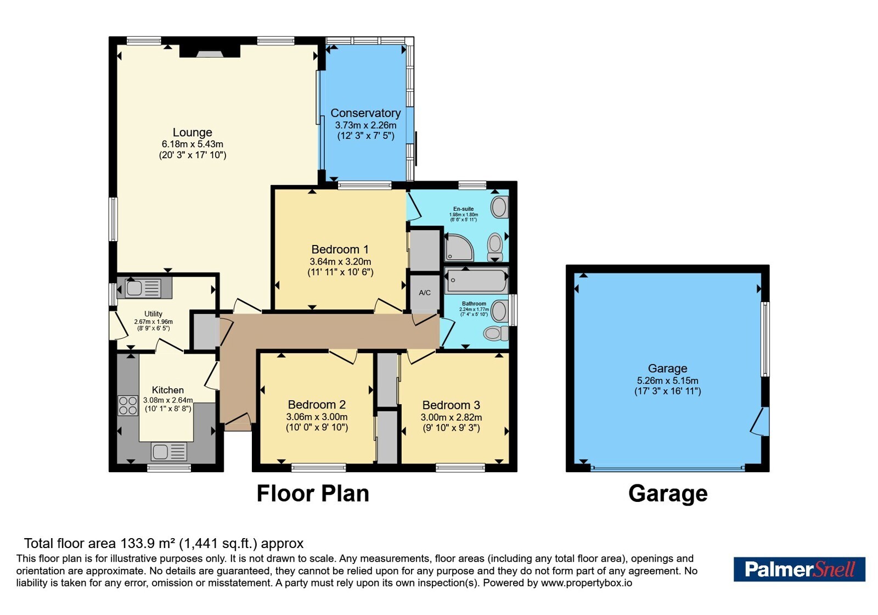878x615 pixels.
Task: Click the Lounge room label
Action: [x=193, y=132]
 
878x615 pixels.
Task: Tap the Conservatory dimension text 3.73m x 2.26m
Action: [x=365, y=126]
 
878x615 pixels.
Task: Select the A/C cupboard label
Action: [x=425, y=293]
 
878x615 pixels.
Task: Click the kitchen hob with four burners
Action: [x=128, y=406]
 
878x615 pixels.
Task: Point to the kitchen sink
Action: [x=168, y=452]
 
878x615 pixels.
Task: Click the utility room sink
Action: [x=143, y=288]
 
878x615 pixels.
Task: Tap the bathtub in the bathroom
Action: [x=477, y=281]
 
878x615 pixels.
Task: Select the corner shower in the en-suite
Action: [x=459, y=248]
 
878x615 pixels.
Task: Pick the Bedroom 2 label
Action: [x=317, y=404]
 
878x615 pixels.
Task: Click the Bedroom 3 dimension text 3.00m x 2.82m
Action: [x=451, y=417]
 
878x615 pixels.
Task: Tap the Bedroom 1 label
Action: [x=340, y=249]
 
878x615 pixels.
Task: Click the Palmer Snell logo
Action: [x=799, y=569]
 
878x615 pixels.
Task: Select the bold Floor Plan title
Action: [x=313, y=494]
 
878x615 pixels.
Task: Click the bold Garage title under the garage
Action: [x=668, y=494]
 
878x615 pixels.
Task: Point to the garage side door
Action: [x=759, y=421]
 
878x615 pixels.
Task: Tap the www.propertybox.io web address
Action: [x=587, y=583]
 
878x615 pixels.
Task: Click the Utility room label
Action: [x=153, y=314]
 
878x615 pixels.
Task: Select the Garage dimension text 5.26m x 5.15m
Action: [x=667, y=381]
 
